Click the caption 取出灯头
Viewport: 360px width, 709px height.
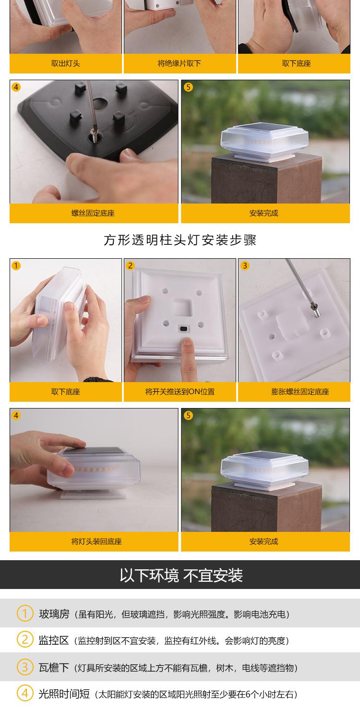click(66, 63)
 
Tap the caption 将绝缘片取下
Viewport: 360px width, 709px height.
click(180, 63)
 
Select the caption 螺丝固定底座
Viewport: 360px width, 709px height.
click(93, 213)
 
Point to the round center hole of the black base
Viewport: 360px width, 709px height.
click(100, 103)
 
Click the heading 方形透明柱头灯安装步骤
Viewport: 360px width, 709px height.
click(180, 240)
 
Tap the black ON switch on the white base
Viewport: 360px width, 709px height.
click(183, 329)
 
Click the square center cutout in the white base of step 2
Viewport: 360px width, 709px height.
click(183, 308)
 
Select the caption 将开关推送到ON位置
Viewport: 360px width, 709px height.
click(180, 392)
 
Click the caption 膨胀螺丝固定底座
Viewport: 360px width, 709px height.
click(300, 392)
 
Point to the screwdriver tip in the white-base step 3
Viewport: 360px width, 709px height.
click(316, 313)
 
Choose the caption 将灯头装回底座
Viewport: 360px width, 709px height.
click(96, 541)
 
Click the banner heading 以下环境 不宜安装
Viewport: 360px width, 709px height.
click(181, 576)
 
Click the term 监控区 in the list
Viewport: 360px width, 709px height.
click(53, 640)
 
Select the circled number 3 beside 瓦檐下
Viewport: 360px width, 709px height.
click(24, 667)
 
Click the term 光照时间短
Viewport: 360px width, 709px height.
click(64, 694)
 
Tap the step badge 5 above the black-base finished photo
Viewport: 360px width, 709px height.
click(188, 87)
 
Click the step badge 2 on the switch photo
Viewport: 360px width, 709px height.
click(130, 265)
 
